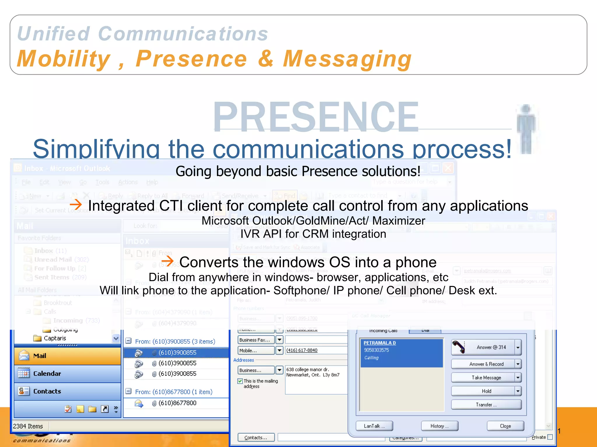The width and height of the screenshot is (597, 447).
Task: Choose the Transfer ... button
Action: (x=486, y=405)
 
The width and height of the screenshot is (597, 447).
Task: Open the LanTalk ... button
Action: (x=374, y=426)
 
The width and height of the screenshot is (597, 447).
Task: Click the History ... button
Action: (x=439, y=426)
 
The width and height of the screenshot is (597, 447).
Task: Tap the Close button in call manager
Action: (x=505, y=426)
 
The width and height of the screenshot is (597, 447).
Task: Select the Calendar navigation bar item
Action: (x=47, y=374)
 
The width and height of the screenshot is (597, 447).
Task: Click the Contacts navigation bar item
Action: (x=47, y=391)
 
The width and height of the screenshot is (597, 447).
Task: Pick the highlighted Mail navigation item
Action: (x=40, y=356)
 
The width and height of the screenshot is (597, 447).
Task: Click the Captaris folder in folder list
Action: (x=55, y=338)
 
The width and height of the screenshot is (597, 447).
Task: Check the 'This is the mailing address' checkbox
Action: (x=240, y=381)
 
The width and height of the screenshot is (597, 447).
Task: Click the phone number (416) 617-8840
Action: (x=302, y=350)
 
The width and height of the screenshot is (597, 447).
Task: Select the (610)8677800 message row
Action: (x=177, y=403)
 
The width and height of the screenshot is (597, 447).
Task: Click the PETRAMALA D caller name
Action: (x=380, y=343)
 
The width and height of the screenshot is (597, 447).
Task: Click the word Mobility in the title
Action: (x=64, y=59)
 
